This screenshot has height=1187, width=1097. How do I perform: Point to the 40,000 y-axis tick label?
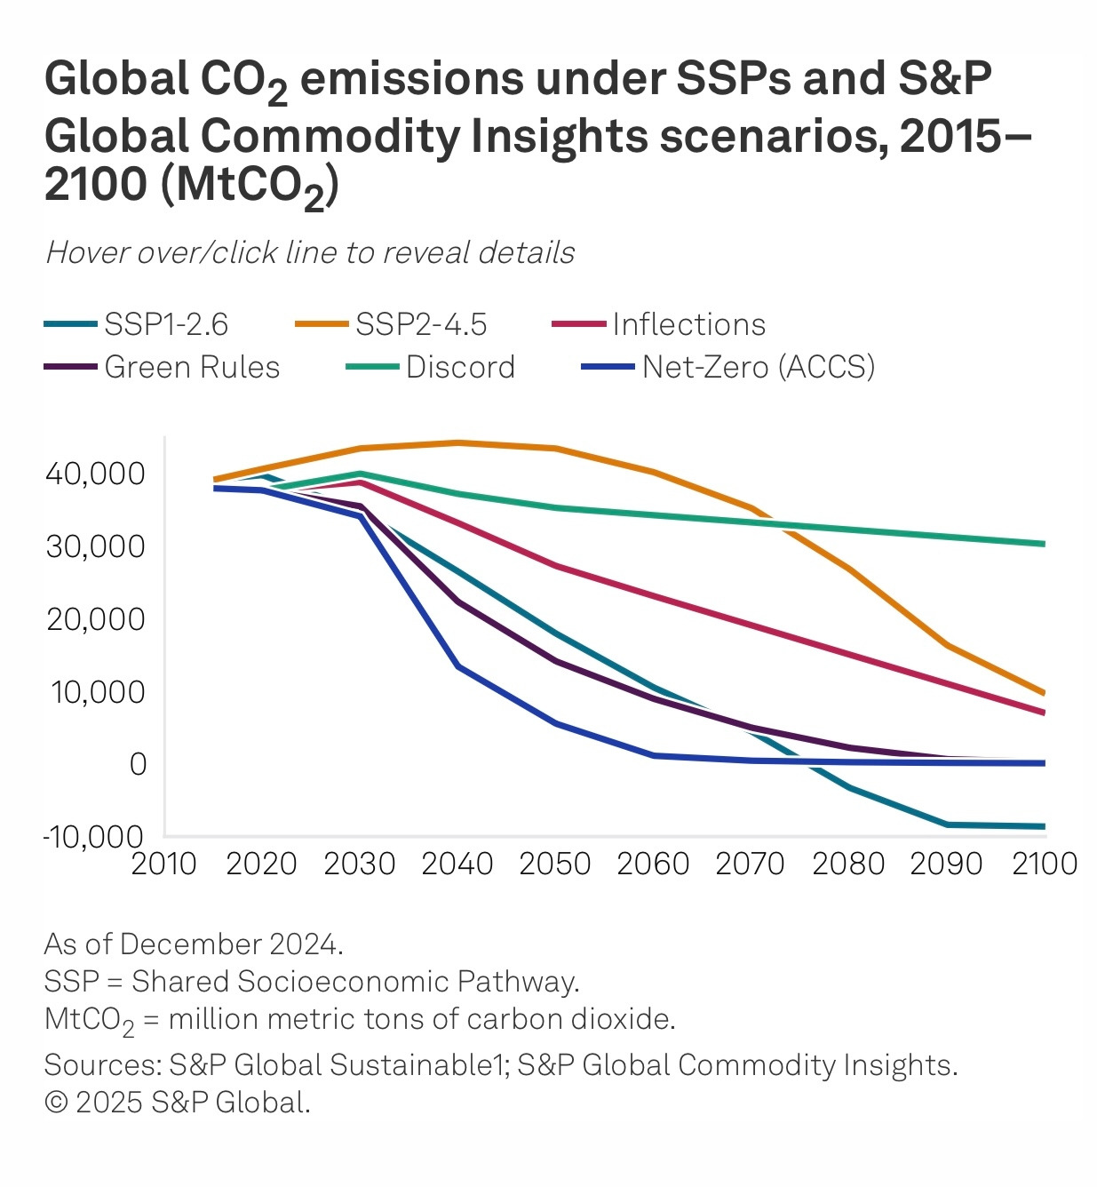[95, 474]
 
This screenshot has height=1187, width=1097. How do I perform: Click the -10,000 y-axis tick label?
[92, 836]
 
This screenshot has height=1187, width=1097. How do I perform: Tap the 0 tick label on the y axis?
[138, 764]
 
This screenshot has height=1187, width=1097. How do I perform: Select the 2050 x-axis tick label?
[555, 864]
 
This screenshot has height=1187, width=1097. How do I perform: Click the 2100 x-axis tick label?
[1045, 864]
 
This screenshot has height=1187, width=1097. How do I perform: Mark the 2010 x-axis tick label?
[163, 864]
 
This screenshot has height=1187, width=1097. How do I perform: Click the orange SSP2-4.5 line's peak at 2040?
[457, 442]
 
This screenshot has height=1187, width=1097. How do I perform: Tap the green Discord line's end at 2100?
[1044, 544]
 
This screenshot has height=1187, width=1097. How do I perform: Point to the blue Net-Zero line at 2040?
[457, 665]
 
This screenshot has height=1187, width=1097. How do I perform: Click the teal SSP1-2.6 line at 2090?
[947, 825]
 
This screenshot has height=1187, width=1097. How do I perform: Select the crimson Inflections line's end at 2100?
[1044, 713]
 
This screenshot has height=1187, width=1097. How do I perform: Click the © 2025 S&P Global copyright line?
[177, 1103]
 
